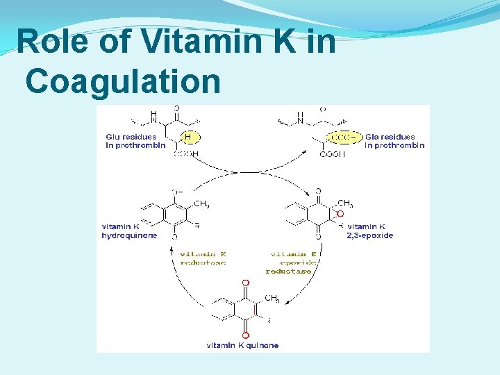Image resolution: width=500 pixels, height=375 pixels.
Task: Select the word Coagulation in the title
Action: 123,81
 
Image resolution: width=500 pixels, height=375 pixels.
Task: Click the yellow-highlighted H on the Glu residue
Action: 187,137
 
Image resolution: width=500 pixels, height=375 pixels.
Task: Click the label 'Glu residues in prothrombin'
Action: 135,141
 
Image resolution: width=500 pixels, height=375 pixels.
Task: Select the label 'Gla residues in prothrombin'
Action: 394,141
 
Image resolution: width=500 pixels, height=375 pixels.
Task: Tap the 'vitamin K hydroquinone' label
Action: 130,231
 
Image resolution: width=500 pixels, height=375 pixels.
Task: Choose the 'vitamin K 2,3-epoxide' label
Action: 370,231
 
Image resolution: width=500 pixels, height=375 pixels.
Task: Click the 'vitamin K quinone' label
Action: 242,345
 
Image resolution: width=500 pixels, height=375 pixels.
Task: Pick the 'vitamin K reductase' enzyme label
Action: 203,258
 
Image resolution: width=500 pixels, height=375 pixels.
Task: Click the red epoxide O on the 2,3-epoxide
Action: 340,214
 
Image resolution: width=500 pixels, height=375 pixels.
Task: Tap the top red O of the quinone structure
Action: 245,283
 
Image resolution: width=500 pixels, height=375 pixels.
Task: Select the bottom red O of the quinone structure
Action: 245,335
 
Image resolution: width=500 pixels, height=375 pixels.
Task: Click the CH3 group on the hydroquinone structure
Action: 201,203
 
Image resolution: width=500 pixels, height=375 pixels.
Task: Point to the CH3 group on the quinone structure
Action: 272,299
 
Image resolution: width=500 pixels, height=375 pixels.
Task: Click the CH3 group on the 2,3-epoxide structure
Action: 345,203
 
